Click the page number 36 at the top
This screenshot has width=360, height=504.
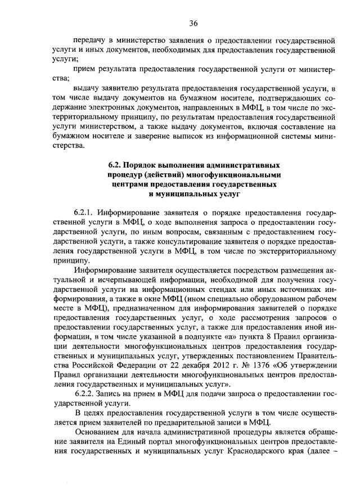[x=193, y=22]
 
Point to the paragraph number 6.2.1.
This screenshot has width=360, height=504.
[x=84, y=214]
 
